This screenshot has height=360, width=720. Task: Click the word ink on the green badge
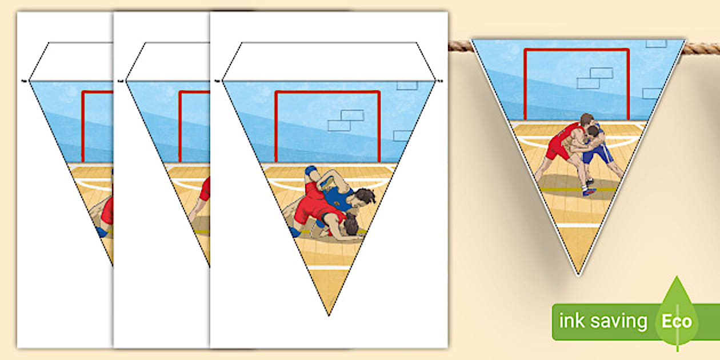tap(571, 321)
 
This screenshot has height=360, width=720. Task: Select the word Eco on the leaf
tap(677, 322)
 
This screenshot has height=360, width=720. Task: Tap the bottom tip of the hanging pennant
tap(578, 275)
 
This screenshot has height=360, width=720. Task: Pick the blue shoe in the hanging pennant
tap(589, 191)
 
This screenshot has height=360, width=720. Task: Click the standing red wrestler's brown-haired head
tap(587, 120)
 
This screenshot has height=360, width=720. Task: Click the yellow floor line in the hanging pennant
tap(578, 190)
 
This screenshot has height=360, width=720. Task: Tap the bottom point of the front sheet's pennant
tap(329, 315)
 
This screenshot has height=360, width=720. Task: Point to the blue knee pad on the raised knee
tap(311, 171)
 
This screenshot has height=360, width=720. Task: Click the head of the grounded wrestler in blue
tap(364, 197)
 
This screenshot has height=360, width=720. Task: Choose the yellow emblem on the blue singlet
tap(337, 203)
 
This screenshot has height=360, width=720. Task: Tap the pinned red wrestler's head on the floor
tap(352, 225)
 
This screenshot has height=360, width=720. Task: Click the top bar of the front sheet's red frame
tap(327, 93)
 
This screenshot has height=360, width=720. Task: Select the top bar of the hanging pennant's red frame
tap(577, 50)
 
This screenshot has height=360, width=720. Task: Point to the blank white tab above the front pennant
tap(329, 61)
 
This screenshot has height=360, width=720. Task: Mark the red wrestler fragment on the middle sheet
tap(205, 190)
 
